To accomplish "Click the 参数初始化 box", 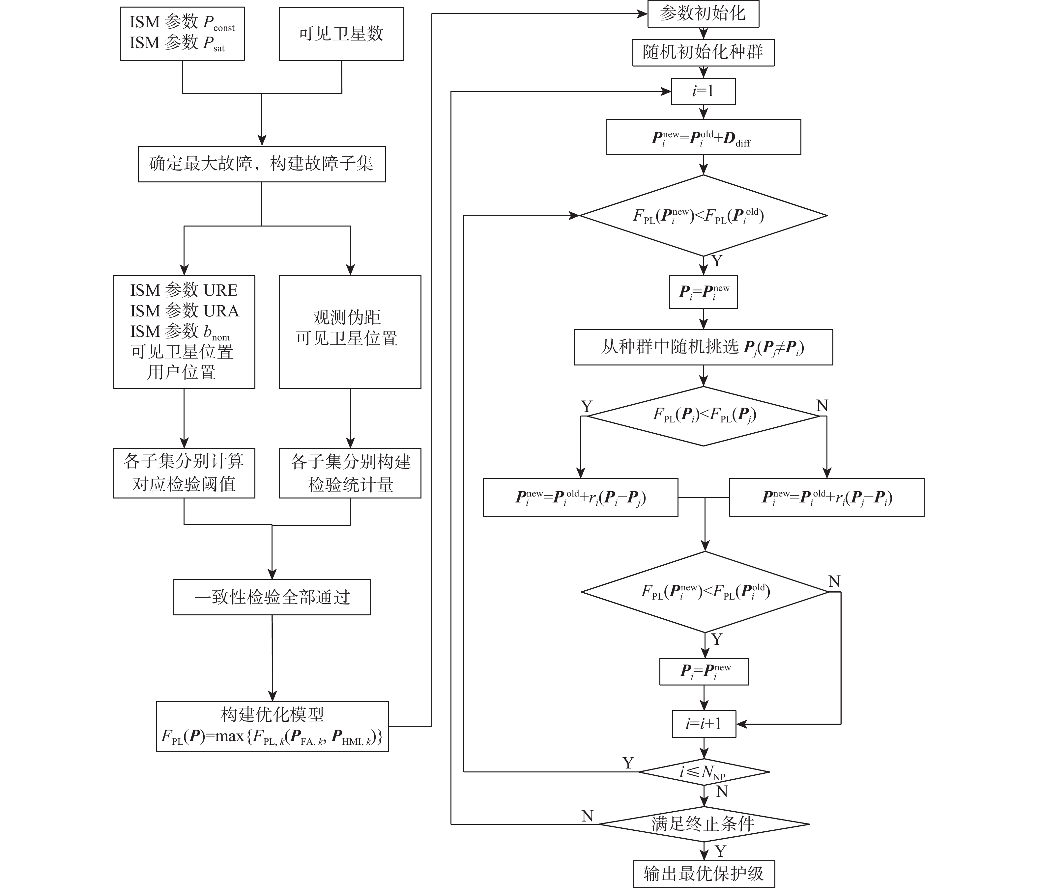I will click(x=703, y=13).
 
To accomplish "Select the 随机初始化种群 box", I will click(x=703, y=52).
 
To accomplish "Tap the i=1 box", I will click(x=703, y=91).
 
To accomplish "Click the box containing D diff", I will click(x=703, y=137).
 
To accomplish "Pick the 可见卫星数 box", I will click(x=341, y=34).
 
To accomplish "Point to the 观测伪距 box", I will click(x=350, y=331).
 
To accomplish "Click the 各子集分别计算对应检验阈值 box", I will click(x=184, y=473).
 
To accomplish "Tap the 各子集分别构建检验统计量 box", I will click(x=350, y=473).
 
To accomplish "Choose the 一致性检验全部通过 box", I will click(x=272, y=597).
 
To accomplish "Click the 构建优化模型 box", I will click(x=272, y=726).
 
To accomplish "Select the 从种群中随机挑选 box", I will click(x=703, y=347).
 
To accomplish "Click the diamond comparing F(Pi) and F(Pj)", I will click(x=704, y=416).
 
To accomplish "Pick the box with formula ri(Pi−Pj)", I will click(x=580, y=497).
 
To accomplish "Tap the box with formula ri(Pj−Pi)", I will click(x=826, y=497).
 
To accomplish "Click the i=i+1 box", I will click(x=704, y=724).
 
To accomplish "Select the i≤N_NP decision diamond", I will click(x=704, y=772).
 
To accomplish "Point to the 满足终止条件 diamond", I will click(x=704, y=824).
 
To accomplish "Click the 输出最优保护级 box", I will click(x=704, y=874).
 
